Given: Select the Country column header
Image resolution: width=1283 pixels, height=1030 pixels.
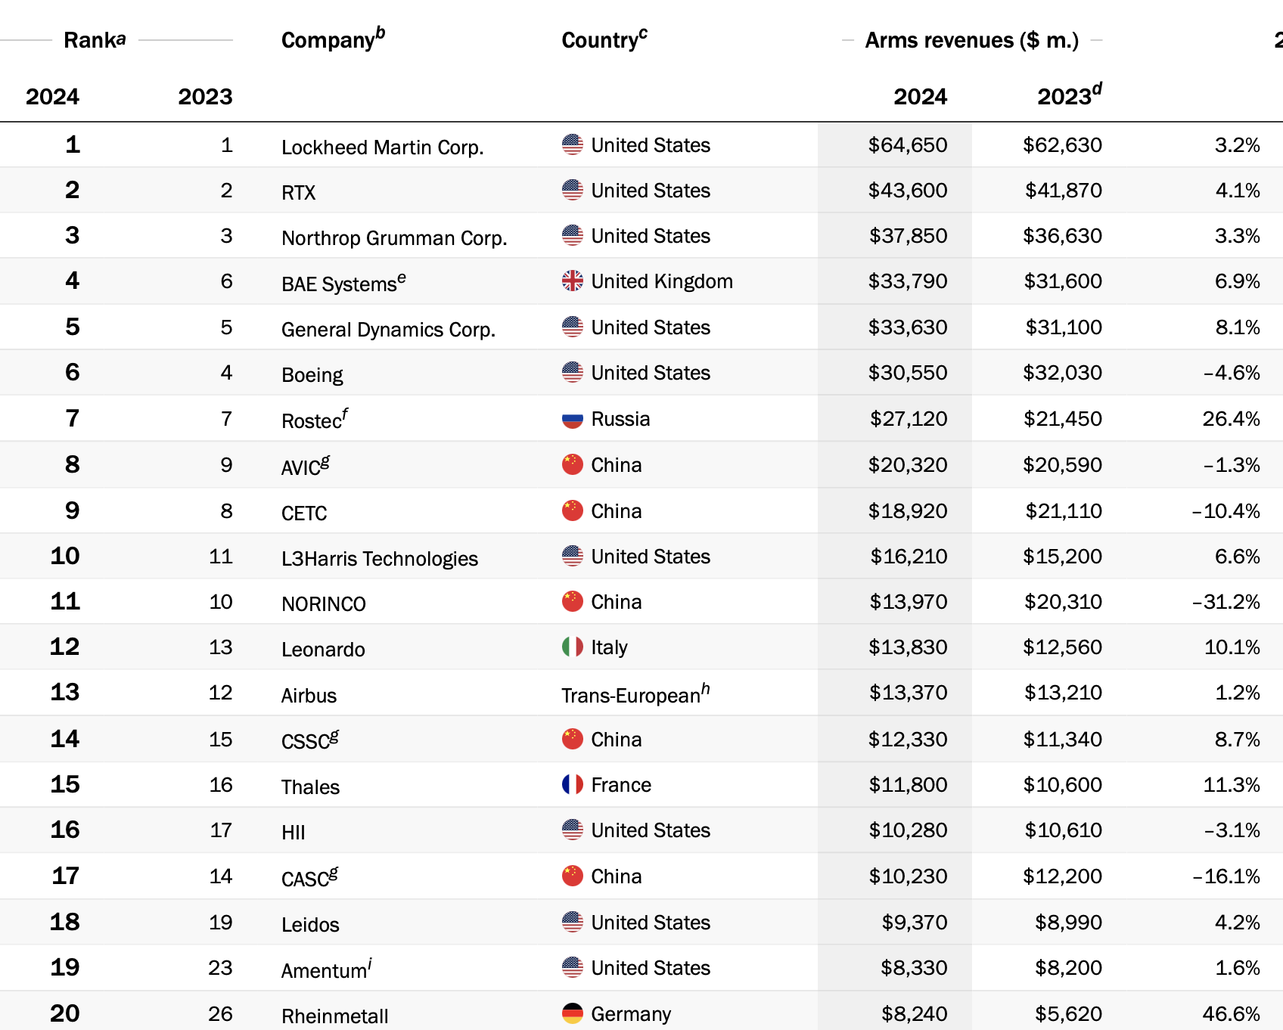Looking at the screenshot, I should pyautogui.click(x=600, y=40).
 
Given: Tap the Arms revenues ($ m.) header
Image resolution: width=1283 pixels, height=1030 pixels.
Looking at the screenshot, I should pyautogui.click(x=971, y=40).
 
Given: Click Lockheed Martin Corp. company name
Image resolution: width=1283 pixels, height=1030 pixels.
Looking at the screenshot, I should pyautogui.click(x=382, y=147).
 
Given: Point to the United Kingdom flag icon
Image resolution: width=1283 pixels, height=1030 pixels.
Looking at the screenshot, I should pyautogui.click(x=573, y=281).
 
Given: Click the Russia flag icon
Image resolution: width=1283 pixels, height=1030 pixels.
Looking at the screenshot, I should pyautogui.click(x=573, y=419).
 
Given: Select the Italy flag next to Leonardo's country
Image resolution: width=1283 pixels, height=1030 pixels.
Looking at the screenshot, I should pyautogui.click(x=573, y=647).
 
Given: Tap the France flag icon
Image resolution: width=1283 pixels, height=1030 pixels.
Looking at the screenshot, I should pyautogui.click(x=573, y=785).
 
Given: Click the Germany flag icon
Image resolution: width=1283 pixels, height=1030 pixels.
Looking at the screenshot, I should pyautogui.click(x=573, y=1013).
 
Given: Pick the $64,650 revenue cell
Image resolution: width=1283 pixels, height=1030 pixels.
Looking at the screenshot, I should pyautogui.click(x=907, y=145).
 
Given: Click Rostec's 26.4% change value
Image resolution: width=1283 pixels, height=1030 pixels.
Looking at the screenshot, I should pyautogui.click(x=1231, y=419).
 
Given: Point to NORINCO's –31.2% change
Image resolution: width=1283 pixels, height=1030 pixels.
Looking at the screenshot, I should pyautogui.click(x=1226, y=602).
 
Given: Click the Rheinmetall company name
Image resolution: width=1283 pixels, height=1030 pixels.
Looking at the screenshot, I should pyautogui.click(x=334, y=1016).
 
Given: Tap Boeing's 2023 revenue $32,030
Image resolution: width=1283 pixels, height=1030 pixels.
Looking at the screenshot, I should pyautogui.click(x=1062, y=373).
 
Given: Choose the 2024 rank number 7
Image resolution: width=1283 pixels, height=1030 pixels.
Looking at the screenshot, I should pyautogui.click(x=73, y=418).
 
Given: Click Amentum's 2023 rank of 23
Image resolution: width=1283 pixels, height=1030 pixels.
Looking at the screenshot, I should pyautogui.click(x=220, y=968).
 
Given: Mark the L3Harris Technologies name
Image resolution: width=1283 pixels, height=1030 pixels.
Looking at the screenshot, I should pyautogui.click(x=379, y=559).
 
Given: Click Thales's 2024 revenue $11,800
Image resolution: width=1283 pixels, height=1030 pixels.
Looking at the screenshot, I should pyautogui.click(x=908, y=785).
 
